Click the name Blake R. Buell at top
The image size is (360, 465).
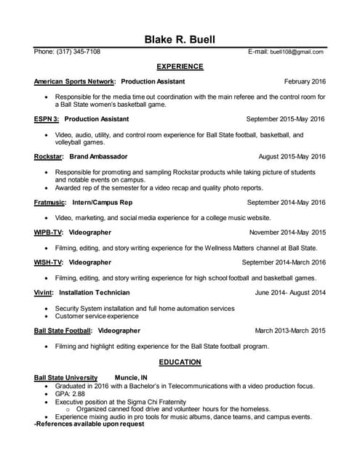click(x=180, y=39)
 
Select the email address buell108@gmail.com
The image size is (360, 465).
click(x=297, y=52)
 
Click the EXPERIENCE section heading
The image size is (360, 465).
click(x=180, y=67)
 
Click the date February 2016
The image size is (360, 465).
click(x=305, y=81)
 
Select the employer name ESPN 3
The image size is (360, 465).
click(x=47, y=119)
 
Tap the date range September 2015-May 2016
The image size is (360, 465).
click(x=286, y=119)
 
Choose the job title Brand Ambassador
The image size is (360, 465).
click(x=99, y=156)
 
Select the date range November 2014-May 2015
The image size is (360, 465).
click(x=287, y=232)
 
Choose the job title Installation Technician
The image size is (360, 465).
click(x=95, y=293)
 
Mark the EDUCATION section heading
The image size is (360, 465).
click(x=180, y=362)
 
